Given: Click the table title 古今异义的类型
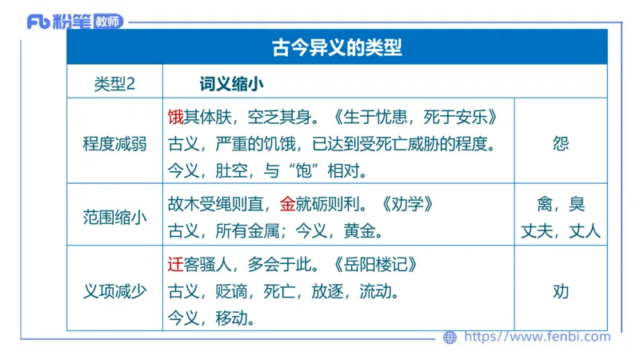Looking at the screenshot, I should point(336,48).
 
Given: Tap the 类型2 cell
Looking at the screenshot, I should point(114,82).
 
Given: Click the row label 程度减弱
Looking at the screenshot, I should point(114,144).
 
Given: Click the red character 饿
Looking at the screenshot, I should point(176,118).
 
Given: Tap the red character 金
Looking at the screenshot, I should point(288,204).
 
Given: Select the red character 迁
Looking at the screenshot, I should point(176,265).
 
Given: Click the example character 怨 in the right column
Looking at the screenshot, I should point(561,144).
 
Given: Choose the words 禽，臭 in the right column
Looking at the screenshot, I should point(561,204).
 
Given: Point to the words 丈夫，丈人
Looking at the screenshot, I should point(561,232).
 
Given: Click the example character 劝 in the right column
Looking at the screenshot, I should point(561,291).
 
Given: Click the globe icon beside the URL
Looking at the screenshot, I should point(450,337).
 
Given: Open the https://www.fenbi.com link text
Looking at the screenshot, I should point(537,337).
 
